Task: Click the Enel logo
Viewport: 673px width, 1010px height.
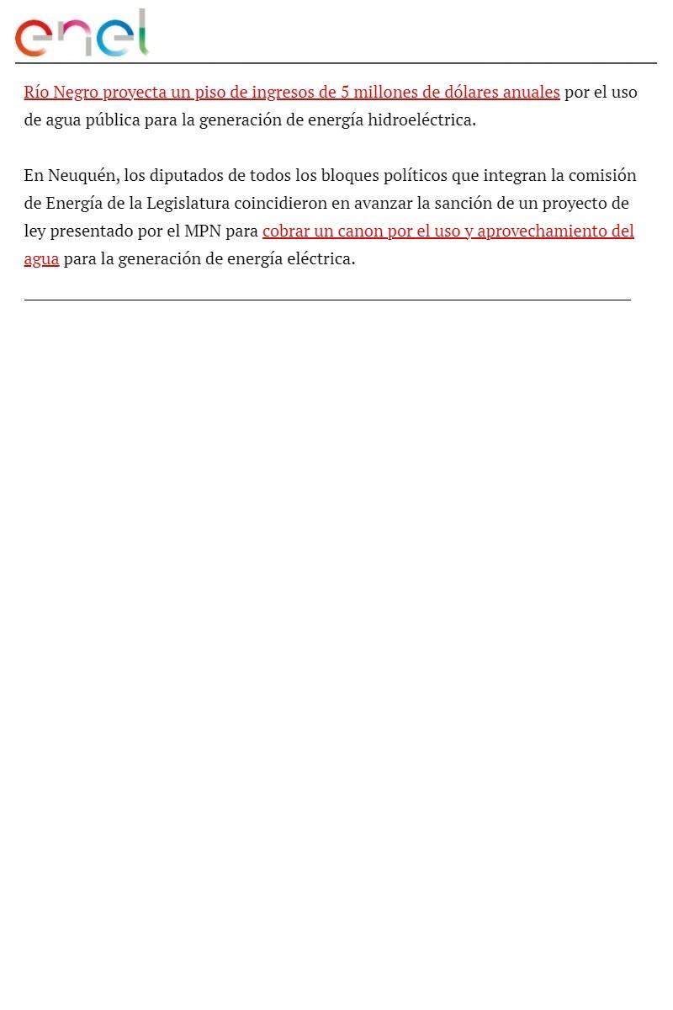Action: click(82, 34)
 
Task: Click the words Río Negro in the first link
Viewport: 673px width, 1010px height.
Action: click(61, 92)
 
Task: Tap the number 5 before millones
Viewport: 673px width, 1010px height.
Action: click(344, 92)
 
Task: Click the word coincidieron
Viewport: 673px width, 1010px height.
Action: click(280, 203)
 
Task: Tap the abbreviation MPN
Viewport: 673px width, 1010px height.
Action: click(203, 231)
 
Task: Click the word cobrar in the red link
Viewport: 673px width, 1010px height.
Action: click(285, 231)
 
